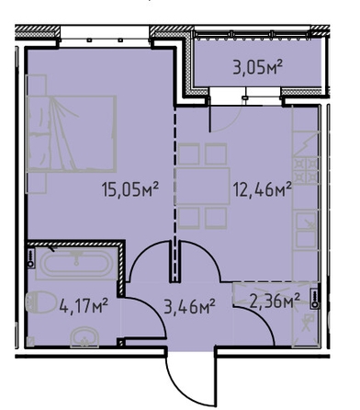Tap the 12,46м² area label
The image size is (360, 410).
click(262, 188)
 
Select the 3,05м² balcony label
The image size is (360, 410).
click(257, 67)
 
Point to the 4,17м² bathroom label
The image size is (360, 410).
click(84, 306)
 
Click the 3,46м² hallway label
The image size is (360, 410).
click(190, 306)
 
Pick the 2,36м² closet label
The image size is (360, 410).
click(275, 301)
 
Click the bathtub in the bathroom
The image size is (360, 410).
click(76, 264)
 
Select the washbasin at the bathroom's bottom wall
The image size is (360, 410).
click(84, 337)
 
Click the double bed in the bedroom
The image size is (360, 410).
click(72, 133)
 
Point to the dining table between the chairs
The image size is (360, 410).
click(202, 186)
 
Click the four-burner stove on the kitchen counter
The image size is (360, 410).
click(305, 170)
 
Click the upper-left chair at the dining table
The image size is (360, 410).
click(189, 154)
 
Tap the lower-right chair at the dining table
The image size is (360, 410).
click(216, 218)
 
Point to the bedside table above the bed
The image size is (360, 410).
click(37, 85)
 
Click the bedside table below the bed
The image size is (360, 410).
click(37, 183)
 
